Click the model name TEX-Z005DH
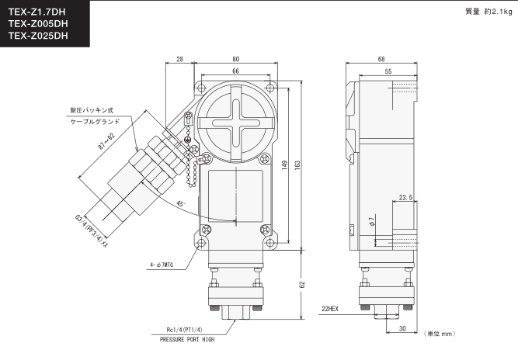(x=38, y=24)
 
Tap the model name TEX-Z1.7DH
(x=37, y=12)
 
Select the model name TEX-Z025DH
(x=38, y=36)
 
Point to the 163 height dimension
(x=297, y=165)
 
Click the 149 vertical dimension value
(x=284, y=165)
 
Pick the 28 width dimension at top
(x=179, y=59)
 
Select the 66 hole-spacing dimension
(x=235, y=71)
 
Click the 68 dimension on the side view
(x=381, y=59)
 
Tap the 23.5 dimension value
(x=405, y=197)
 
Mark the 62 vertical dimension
(x=302, y=285)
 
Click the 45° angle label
(x=180, y=203)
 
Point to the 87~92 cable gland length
(x=106, y=141)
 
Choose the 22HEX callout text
(x=330, y=309)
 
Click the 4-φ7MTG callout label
(x=162, y=265)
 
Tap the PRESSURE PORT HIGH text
(x=187, y=340)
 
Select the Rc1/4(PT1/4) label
(x=184, y=330)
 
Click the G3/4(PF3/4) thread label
(x=91, y=232)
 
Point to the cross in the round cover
(x=235, y=123)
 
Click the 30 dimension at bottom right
(x=402, y=329)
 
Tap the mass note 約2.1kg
(x=498, y=12)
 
